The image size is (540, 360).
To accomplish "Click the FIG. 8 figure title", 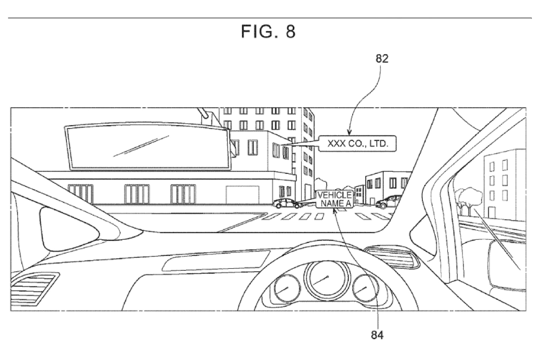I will point(268,31).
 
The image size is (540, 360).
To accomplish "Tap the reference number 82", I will point(382,59).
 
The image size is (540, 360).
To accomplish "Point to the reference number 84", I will point(377,335).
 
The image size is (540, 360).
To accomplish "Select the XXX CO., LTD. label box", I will point(358,144).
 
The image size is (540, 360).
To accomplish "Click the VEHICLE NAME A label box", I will point(334,199).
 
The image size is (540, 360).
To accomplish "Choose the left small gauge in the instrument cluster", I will point(287,288).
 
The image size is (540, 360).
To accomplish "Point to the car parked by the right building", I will point(388,202).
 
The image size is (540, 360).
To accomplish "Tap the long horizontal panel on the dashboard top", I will point(216,261).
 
